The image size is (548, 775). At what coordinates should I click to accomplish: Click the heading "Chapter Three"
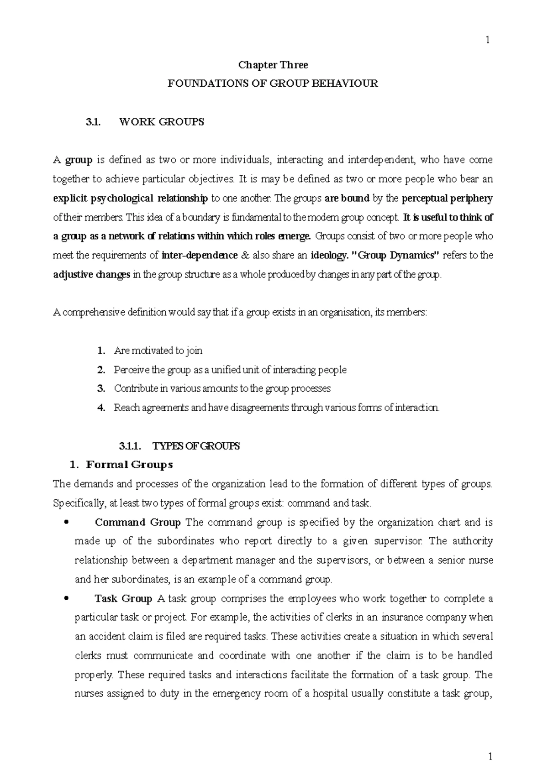[273, 65]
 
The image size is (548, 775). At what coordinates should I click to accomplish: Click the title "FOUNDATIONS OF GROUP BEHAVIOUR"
[273, 84]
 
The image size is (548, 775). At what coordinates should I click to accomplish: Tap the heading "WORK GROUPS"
[161, 122]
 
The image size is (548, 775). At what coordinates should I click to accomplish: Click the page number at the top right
[488, 40]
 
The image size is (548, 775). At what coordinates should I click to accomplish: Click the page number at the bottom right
[490, 757]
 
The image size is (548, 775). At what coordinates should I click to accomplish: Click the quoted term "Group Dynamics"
[396, 256]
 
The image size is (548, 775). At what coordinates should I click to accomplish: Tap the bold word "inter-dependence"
[200, 256]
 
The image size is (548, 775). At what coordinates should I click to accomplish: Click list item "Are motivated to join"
[158, 351]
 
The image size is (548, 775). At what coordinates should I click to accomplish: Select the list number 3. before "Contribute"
[101, 389]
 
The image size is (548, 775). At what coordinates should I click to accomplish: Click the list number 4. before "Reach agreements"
[101, 408]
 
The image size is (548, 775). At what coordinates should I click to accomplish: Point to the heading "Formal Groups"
[129, 465]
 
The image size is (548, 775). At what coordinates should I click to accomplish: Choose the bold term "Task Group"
[123, 599]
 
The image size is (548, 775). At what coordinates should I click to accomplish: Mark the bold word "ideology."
[328, 256]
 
